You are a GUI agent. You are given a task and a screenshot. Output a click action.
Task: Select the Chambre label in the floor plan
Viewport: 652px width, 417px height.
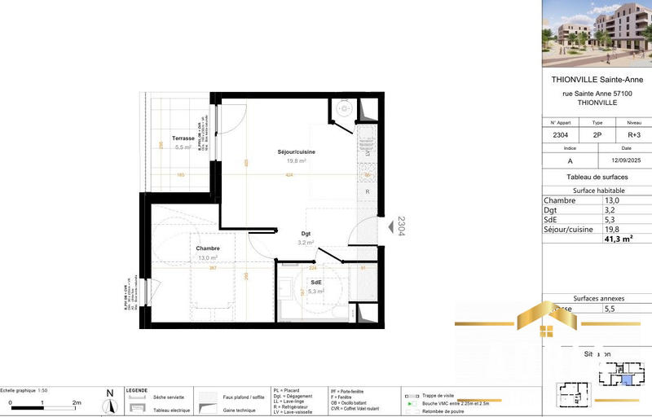coord(207,248)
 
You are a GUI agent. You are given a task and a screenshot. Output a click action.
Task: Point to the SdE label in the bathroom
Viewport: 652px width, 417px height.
coord(315,282)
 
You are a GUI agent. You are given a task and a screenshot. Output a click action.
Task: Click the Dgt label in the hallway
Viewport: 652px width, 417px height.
coord(306,234)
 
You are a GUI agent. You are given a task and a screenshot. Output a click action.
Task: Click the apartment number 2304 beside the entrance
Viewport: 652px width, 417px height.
coord(400,226)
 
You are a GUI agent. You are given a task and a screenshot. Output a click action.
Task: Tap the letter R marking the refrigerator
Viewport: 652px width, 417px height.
coord(368,191)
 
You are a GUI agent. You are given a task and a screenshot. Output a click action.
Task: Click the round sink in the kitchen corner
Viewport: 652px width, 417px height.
coord(344,108)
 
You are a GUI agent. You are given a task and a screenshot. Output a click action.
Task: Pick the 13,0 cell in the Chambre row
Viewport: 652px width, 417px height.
coord(611,200)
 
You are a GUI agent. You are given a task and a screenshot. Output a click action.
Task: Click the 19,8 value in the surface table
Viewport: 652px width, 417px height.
coord(611,230)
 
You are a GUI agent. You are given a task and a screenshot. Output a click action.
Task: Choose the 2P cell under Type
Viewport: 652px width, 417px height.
coord(597,135)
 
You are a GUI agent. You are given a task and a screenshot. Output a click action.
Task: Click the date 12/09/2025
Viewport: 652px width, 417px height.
coord(626,161)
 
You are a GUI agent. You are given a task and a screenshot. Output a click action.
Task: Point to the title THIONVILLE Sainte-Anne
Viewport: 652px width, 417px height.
coord(597,80)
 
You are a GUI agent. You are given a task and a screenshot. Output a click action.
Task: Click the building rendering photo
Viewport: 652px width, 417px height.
coord(597,33)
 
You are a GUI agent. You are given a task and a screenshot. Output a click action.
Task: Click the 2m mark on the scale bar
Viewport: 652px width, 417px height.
coord(77,403)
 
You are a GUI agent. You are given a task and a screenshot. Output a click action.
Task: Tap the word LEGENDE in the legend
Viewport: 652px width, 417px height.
coord(136,390)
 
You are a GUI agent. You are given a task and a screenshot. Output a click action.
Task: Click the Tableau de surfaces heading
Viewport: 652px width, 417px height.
coord(597,178)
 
